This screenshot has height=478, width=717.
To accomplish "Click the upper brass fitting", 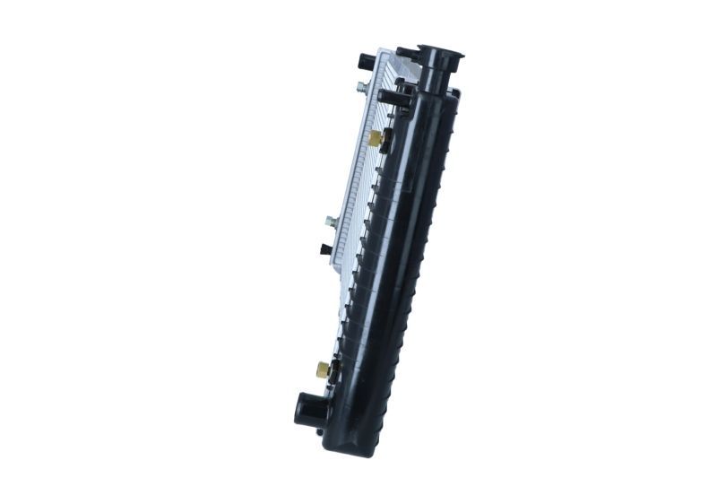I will [x=375, y=138].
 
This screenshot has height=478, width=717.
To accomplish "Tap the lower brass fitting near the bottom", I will [x=322, y=368].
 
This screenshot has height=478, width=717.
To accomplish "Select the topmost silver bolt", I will [x=360, y=87].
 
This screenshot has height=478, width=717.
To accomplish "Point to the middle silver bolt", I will [x=331, y=221].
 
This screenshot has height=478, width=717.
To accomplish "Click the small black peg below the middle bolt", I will [x=325, y=249].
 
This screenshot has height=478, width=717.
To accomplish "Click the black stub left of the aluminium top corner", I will [x=366, y=62].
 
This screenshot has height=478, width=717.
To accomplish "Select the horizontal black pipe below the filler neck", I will [x=394, y=96].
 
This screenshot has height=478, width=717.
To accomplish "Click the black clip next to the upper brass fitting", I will [x=387, y=141].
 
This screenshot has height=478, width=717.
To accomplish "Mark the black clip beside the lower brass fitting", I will [x=335, y=369].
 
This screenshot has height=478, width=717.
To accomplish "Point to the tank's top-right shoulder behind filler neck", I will [x=454, y=94].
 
